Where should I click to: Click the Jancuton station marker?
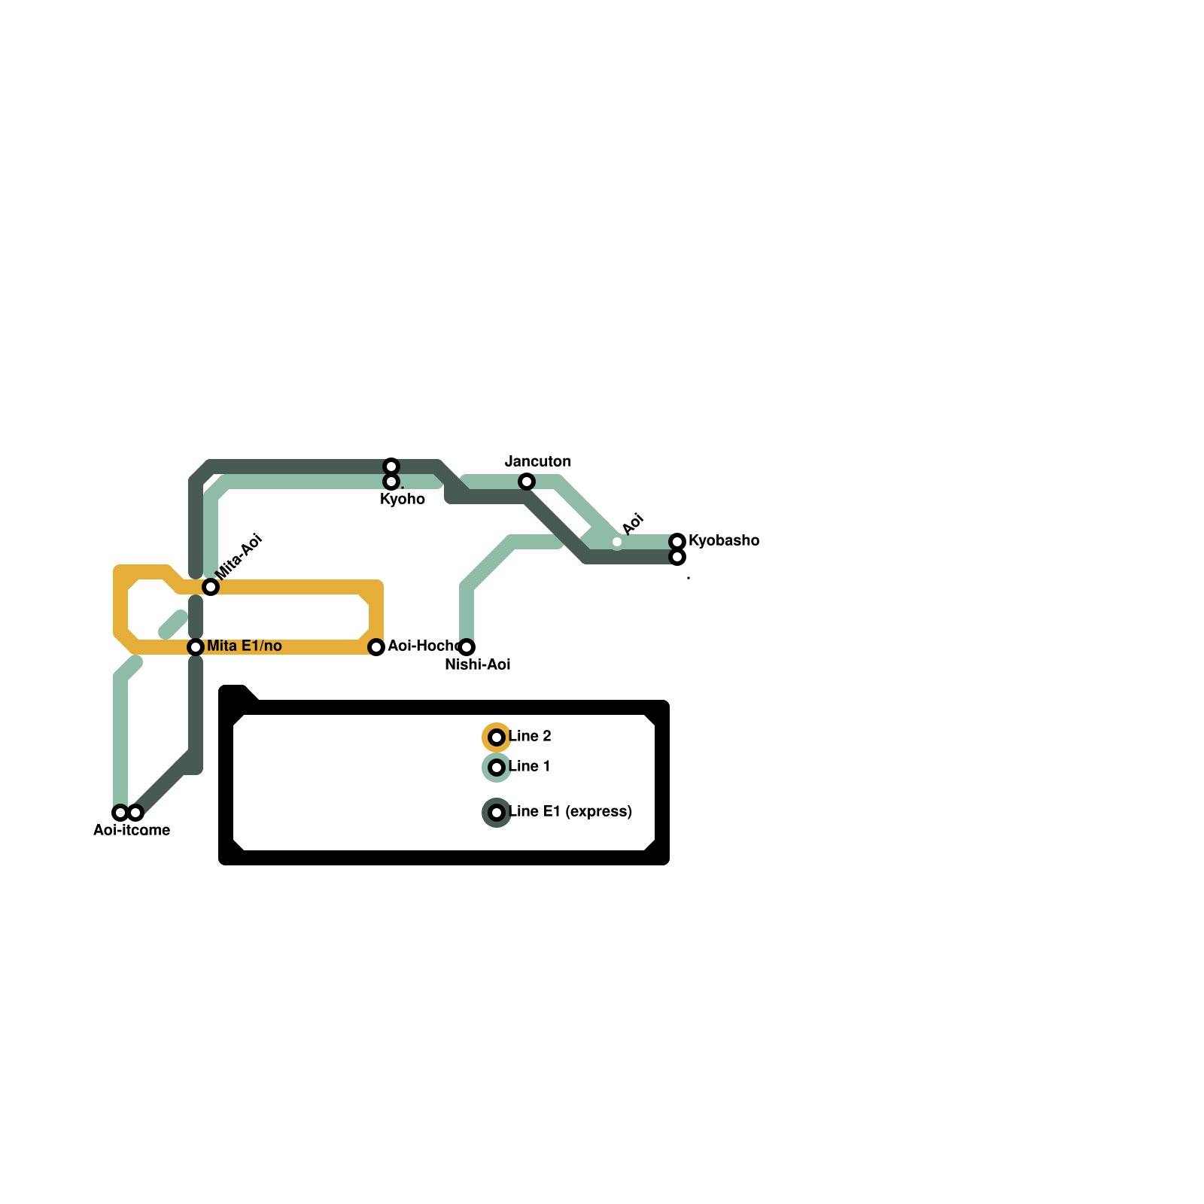(x=527, y=482)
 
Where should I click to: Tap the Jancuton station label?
(x=537, y=461)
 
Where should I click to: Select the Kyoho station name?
(x=403, y=500)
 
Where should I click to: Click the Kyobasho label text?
(x=723, y=540)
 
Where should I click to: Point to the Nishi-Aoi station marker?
(x=467, y=647)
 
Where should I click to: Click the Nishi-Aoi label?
(x=477, y=664)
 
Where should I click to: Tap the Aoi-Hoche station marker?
(x=376, y=647)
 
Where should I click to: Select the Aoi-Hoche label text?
(x=421, y=646)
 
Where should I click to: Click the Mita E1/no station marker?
(x=196, y=647)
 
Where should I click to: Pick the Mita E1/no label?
(x=244, y=646)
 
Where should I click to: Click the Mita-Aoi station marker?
(x=211, y=587)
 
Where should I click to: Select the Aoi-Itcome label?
(x=132, y=830)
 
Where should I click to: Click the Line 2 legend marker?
(x=497, y=737)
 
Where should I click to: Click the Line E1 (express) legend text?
(x=570, y=811)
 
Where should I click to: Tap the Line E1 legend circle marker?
(x=497, y=813)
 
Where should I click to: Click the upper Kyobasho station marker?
(x=677, y=542)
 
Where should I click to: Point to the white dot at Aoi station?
(x=617, y=542)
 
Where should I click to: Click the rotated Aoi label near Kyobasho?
(x=634, y=523)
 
